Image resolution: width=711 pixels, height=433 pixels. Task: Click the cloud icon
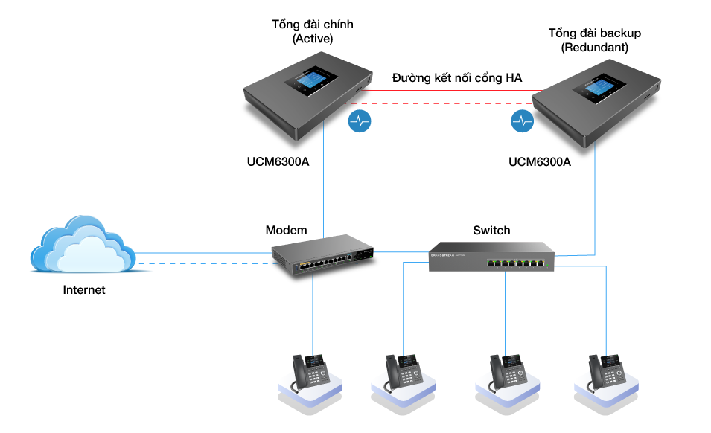point(82,246)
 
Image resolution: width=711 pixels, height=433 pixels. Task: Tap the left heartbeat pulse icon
point(360,121)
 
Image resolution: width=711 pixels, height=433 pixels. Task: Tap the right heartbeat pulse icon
point(522,121)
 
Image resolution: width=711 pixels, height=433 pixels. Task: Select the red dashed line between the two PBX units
point(447,103)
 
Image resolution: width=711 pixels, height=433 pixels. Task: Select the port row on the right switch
point(515,263)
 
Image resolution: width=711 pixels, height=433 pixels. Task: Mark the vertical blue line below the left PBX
point(324,186)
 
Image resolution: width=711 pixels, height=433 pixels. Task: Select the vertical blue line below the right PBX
point(595,201)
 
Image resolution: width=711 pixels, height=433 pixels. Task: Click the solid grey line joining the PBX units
point(447,91)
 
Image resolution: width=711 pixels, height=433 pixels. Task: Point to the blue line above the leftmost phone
point(313,312)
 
